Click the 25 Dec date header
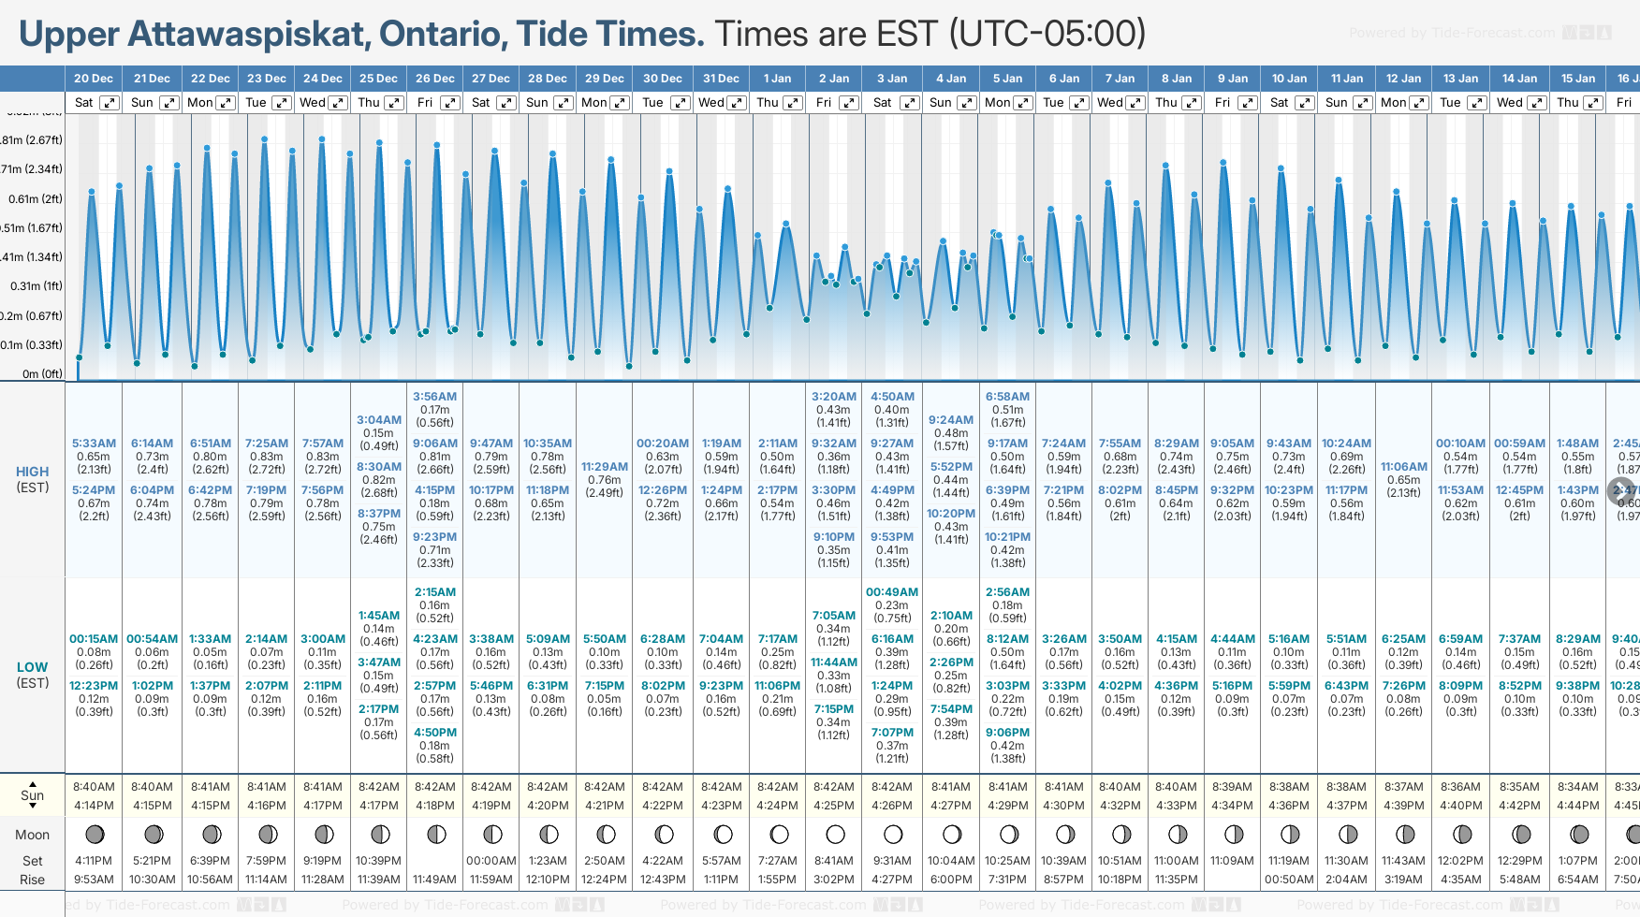coord(378,79)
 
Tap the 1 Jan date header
coord(777,79)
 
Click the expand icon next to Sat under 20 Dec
coord(110,103)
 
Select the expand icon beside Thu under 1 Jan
coord(793,103)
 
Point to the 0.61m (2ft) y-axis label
coord(35,199)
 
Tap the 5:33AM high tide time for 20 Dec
coord(94,444)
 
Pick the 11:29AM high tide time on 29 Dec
coord(604,467)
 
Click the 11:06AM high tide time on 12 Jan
coord(1403,467)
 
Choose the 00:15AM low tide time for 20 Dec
coord(94,639)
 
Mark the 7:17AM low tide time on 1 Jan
coord(777,639)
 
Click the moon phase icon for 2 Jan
coord(835,834)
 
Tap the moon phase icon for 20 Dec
coord(94,834)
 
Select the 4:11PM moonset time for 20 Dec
coord(94,861)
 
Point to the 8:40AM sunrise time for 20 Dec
coord(94,787)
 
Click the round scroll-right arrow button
coord(1620,490)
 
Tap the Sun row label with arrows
coord(32,795)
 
